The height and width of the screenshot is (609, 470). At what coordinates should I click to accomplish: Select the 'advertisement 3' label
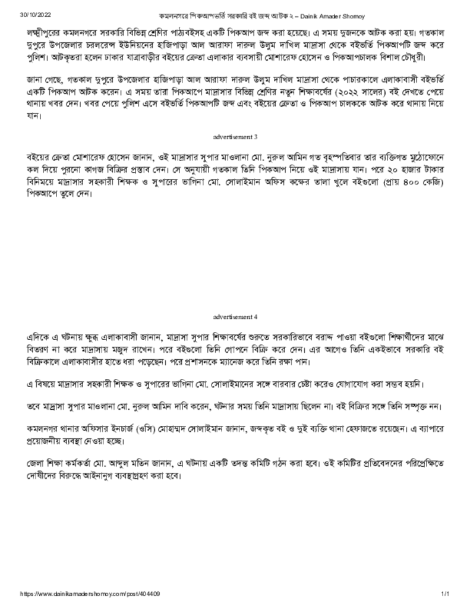235,137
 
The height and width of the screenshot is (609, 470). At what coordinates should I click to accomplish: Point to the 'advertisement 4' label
235,317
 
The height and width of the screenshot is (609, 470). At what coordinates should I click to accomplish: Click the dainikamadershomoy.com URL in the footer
90,594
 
